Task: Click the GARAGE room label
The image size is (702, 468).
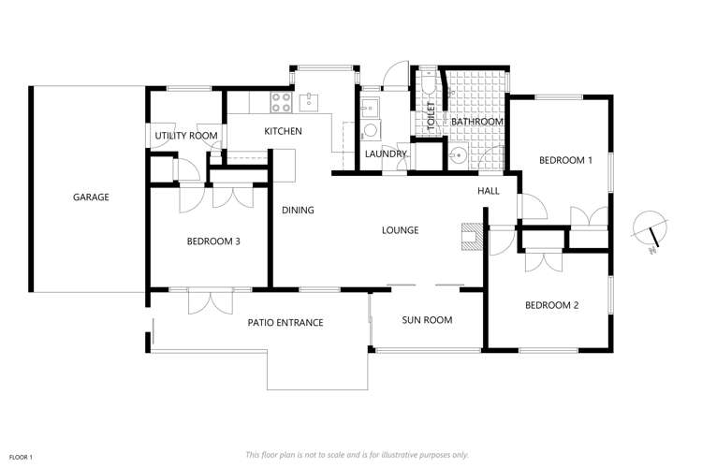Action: [92, 197]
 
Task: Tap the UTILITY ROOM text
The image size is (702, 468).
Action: [186, 137]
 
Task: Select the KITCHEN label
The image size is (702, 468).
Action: [282, 132]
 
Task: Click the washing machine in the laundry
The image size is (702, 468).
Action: [370, 129]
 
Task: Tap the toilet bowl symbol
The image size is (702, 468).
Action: [428, 88]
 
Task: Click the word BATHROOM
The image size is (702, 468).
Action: [477, 123]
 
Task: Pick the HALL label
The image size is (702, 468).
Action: [489, 191]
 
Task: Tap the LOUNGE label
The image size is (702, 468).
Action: [400, 230]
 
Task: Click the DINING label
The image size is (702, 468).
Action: [298, 210]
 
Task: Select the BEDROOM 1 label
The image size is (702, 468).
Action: [565, 161]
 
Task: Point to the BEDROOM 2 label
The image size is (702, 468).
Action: [551, 305]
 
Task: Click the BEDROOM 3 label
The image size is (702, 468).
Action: [213, 241]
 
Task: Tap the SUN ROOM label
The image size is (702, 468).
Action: [427, 320]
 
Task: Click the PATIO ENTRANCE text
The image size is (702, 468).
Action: [285, 323]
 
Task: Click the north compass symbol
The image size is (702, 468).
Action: [650, 230]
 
